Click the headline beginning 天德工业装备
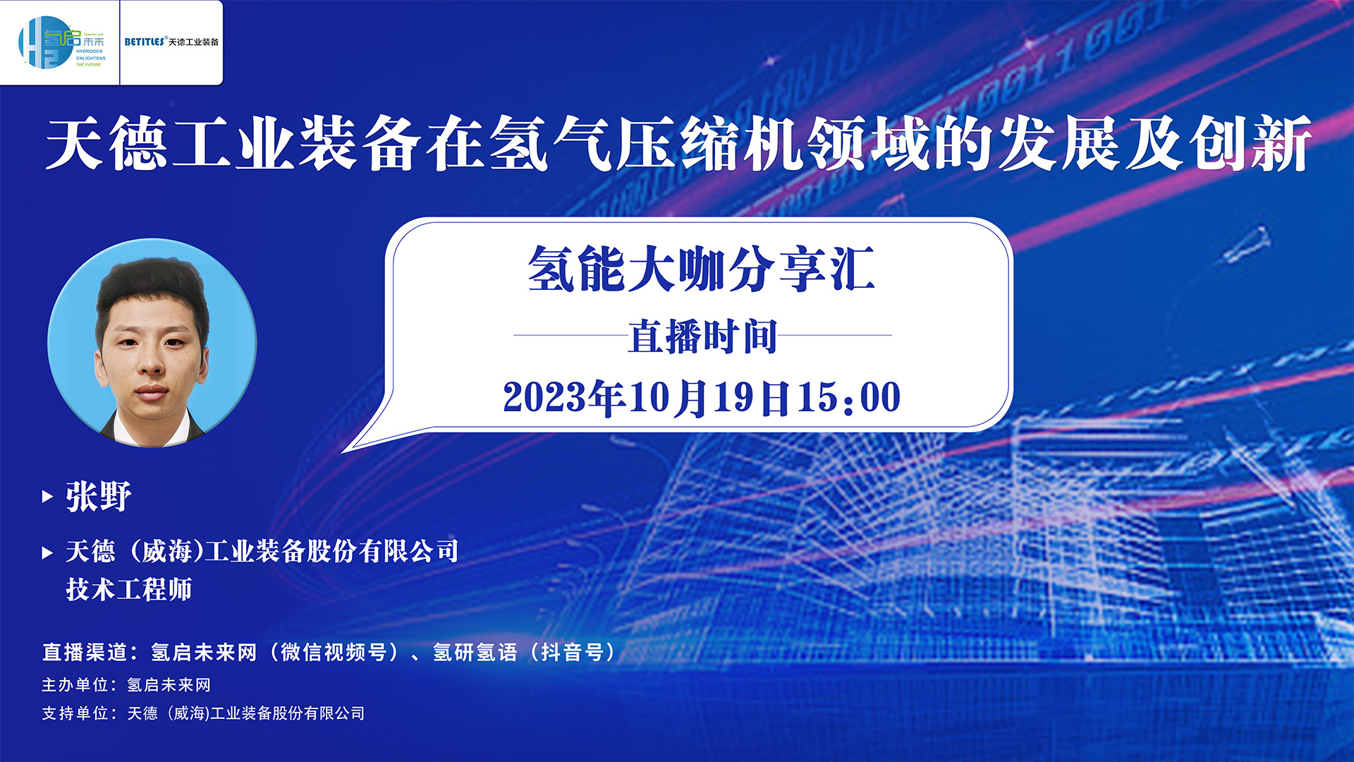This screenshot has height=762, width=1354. click(678, 143)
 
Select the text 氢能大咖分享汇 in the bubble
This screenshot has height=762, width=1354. click(701, 268)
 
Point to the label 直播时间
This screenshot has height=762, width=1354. click(702, 336)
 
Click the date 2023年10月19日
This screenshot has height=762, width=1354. click(646, 397)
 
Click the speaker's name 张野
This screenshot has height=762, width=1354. click(99, 496)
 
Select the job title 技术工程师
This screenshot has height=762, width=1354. click(129, 589)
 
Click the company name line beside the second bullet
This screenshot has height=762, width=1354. click(262, 551)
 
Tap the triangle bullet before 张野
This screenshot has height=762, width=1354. click(47, 497)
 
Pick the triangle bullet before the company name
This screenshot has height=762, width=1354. click(47, 552)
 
